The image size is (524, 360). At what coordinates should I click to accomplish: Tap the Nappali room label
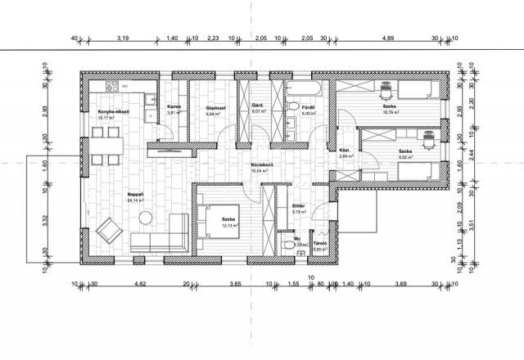click(x=135, y=194)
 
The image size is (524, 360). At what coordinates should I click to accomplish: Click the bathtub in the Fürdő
click(x=308, y=86)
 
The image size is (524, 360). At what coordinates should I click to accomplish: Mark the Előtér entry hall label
click(x=299, y=207)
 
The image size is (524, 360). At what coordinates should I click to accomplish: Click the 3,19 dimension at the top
click(x=124, y=38)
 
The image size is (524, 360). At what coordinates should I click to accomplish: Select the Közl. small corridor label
click(x=345, y=151)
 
